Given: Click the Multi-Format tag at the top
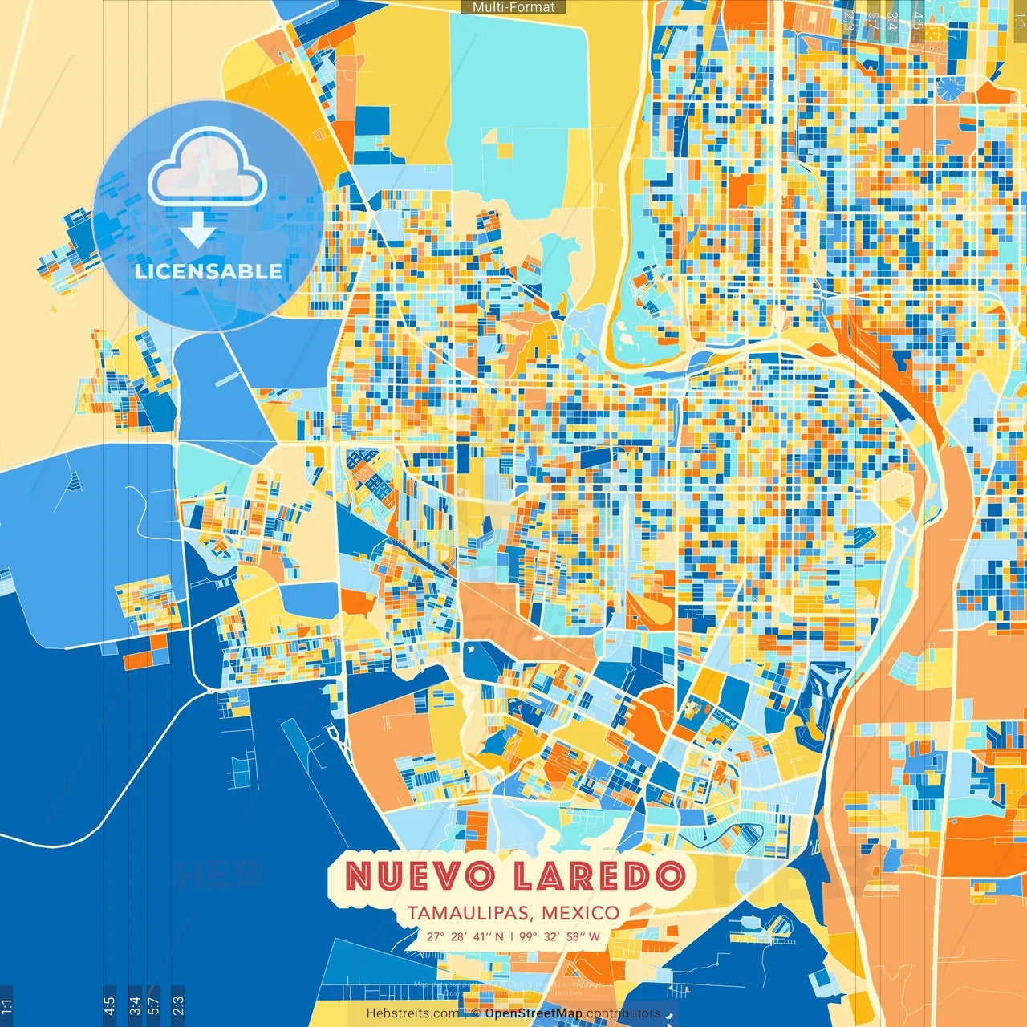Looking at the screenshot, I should point(513,7).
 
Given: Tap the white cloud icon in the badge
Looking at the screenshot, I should point(207,170).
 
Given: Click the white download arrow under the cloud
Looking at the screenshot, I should point(197,230).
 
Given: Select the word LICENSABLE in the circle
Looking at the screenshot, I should point(209,271).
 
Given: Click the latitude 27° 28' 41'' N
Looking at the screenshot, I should point(465,936).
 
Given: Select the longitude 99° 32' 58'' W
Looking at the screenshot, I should point(559,936).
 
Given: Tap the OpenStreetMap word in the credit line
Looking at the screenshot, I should point(534,1013).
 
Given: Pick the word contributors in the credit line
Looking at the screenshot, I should point(623,1013).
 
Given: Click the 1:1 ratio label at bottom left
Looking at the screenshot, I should point(7,1006).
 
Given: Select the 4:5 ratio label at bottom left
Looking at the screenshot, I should point(109,1006).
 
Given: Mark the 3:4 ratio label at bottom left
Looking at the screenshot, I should point(134,1006).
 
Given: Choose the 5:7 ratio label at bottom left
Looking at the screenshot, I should point(154,1006).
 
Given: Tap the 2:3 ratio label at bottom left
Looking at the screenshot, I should point(177,1006).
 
